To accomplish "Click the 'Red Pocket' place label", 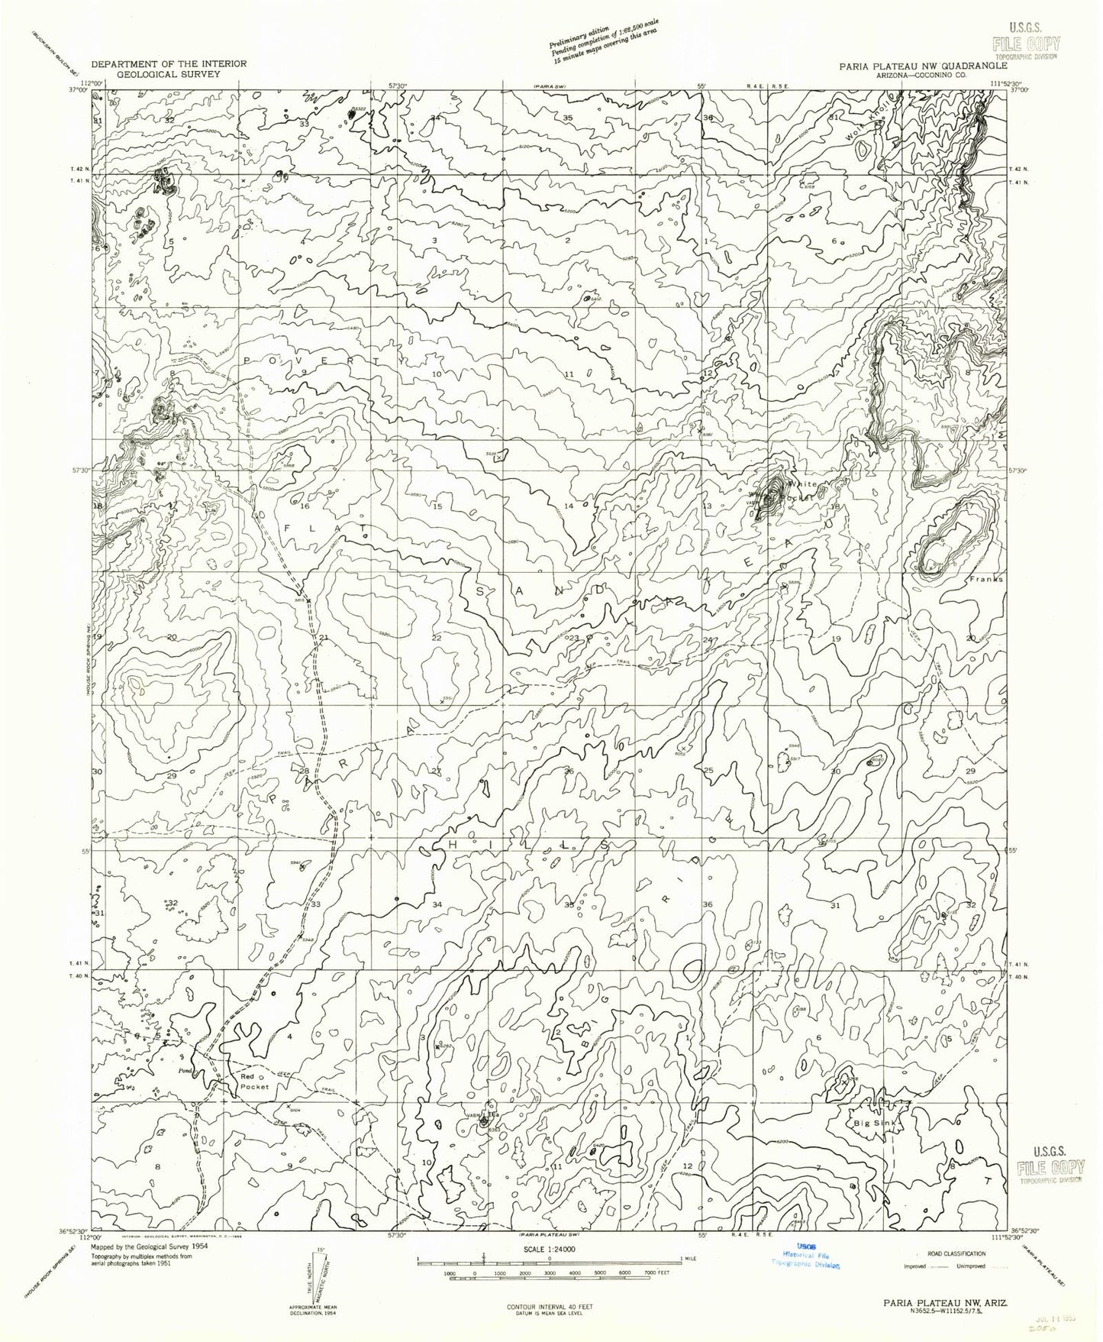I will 256,1082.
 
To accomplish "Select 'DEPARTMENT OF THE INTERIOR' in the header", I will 168,64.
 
